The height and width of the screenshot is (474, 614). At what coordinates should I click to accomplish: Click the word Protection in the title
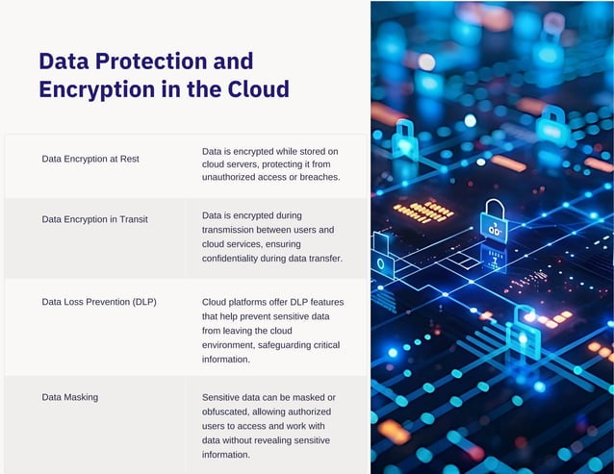pos(166,62)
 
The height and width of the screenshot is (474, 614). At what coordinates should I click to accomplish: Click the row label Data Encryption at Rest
pos(90,159)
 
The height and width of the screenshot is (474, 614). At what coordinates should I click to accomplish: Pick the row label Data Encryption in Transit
pos(94,219)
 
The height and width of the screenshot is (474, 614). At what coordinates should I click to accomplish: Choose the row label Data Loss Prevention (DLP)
pos(99,302)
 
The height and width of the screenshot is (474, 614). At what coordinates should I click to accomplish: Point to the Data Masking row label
pos(70,396)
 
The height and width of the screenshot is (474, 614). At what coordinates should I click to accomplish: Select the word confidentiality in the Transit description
pos(238,259)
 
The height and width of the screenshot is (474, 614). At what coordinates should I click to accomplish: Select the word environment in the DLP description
pos(233,345)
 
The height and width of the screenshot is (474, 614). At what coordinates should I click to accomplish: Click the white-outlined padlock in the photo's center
pos(494,222)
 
